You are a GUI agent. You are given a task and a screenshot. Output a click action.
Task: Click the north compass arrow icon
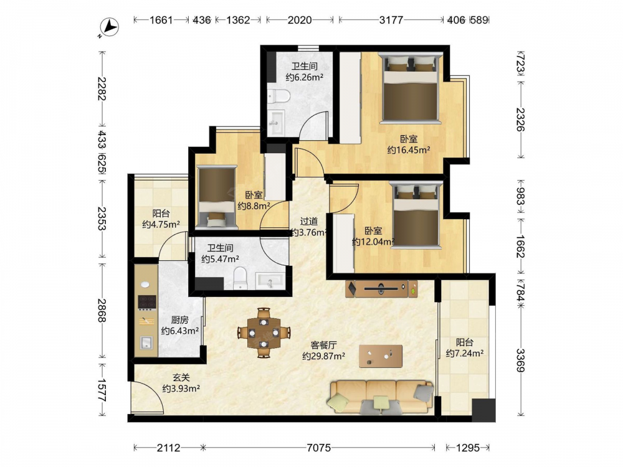[109, 28]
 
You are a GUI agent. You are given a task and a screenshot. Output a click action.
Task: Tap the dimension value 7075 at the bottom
[318, 448]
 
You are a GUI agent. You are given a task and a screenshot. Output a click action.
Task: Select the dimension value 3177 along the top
[391, 20]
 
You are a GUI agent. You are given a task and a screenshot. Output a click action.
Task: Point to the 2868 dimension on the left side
[103, 311]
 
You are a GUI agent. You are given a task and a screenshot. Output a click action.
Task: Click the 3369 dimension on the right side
[520, 360]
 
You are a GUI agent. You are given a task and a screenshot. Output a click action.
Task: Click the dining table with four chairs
[264, 333]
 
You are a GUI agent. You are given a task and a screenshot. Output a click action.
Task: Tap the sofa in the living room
[380, 397]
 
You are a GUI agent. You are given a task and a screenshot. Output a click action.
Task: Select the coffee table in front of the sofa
[380, 356]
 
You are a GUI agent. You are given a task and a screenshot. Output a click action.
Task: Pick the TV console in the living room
[381, 289]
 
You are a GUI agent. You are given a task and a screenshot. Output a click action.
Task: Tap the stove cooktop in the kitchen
[146, 302]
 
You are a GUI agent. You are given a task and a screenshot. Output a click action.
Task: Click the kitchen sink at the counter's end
[146, 342]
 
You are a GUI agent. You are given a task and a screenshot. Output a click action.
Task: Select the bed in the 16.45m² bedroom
[411, 88]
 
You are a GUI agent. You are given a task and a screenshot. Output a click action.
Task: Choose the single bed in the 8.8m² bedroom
[217, 197]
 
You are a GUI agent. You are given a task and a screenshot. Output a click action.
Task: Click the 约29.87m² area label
[323, 356]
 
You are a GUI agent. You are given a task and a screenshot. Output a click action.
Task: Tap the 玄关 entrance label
[181, 378]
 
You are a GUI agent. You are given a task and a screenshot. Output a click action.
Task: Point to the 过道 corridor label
[308, 222]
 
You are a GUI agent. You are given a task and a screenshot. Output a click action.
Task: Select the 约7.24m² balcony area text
[465, 353]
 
